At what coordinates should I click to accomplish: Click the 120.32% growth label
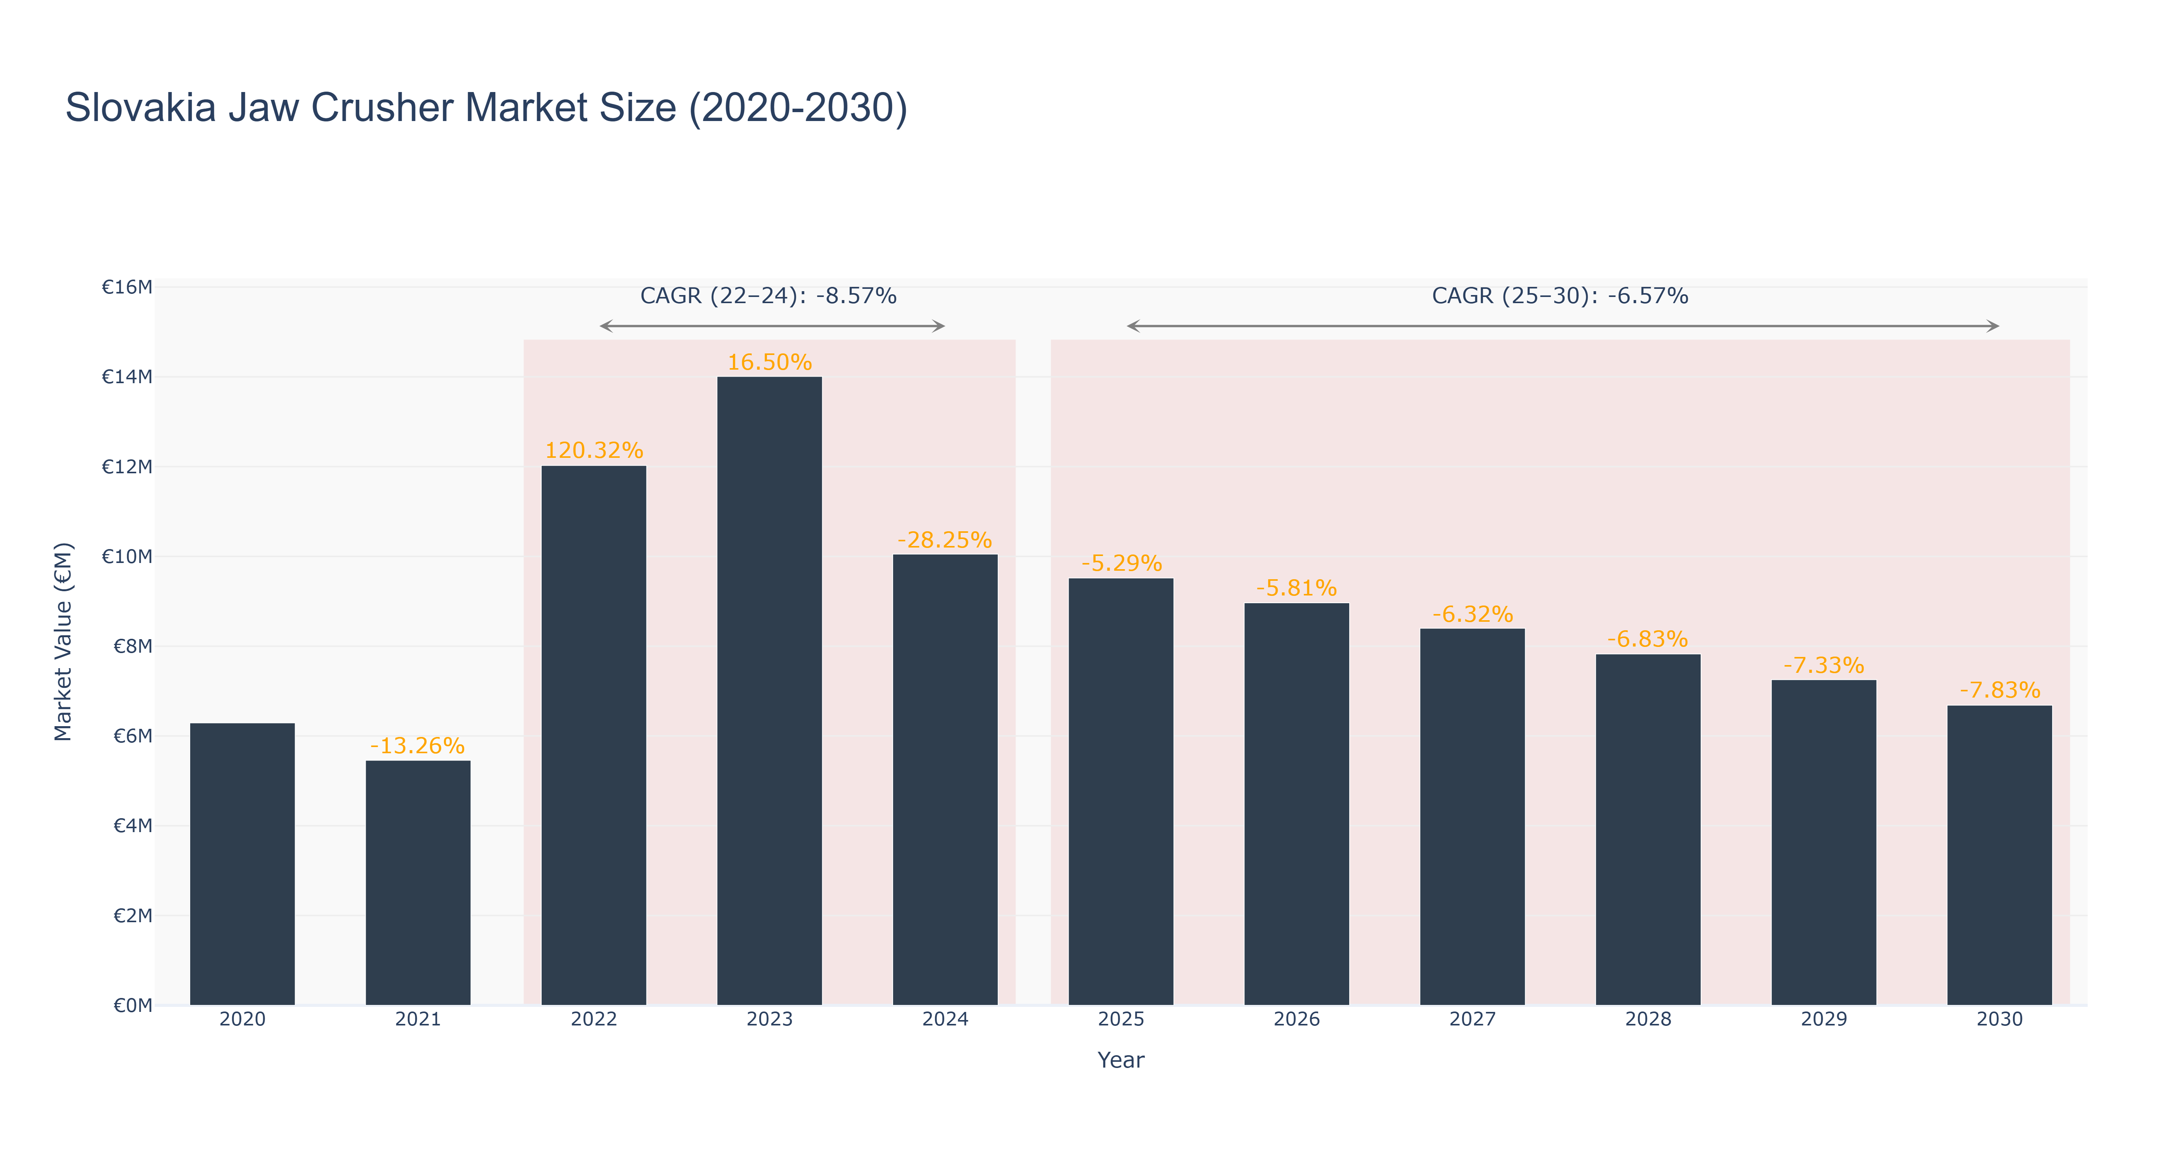[x=594, y=450]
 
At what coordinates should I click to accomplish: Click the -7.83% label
[x=2000, y=690]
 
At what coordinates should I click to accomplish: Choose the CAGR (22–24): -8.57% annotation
[x=768, y=296]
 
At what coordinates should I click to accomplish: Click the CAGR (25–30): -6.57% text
[x=1560, y=296]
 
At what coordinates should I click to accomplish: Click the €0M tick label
[x=133, y=1005]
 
